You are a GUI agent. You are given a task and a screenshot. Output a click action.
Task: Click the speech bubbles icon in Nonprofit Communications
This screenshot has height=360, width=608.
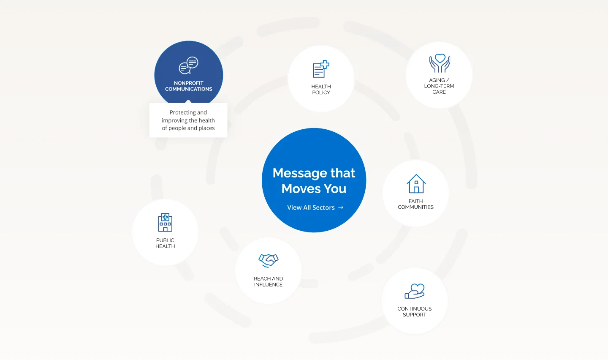tap(188, 65)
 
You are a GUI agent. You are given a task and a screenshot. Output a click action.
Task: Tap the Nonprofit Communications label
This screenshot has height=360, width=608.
tap(188, 86)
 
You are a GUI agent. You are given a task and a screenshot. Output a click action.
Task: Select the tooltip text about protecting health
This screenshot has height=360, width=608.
tap(188, 120)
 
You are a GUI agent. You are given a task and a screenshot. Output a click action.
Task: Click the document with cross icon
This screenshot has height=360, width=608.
tap(321, 69)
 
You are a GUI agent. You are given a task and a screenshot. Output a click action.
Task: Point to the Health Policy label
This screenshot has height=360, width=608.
tap(321, 90)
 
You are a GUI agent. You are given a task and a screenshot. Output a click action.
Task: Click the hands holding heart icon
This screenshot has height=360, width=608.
tap(440, 63)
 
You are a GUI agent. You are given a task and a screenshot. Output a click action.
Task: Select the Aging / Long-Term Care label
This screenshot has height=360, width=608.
tap(439, 86)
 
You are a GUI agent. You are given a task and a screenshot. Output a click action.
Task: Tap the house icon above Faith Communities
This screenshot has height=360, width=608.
tap(416, 184)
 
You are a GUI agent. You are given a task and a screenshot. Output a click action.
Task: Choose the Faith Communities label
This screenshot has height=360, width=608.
tap(415, 205)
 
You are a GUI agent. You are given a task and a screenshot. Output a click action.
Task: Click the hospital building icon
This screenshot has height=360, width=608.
tap(165, 222)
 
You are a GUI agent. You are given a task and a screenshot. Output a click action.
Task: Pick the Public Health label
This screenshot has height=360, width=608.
tap(165, 243)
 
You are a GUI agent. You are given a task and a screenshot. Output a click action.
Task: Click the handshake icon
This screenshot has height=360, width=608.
tap(269, 260)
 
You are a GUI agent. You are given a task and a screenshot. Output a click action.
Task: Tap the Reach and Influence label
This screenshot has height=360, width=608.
tap(268, 282)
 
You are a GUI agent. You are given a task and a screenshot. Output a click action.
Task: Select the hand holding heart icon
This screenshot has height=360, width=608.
tap(415, 291)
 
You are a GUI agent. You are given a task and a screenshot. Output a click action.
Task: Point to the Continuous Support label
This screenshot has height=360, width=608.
tap(414, 312)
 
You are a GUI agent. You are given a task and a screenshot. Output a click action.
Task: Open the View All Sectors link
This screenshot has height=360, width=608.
tap(311, 207)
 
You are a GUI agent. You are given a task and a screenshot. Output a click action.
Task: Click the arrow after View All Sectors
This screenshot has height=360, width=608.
tap(341, 207)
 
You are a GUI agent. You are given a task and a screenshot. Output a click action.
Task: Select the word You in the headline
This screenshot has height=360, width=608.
tap(335, 188)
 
